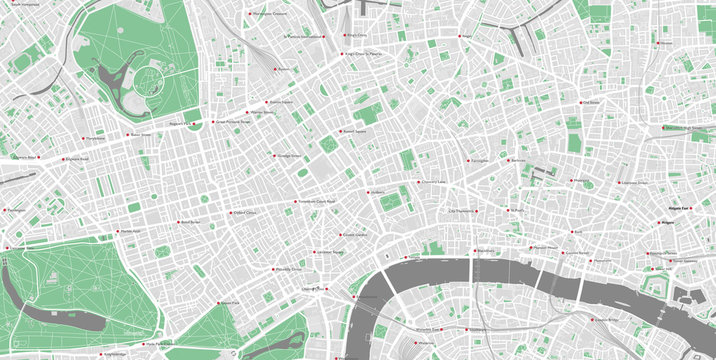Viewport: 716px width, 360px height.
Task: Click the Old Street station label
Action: (x=591, y=101)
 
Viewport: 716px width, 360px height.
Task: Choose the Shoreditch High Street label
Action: (x=686, y=128)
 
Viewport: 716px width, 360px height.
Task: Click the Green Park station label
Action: (x=229, y=302)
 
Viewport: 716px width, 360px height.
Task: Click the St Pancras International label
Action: (x=304, y=37)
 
